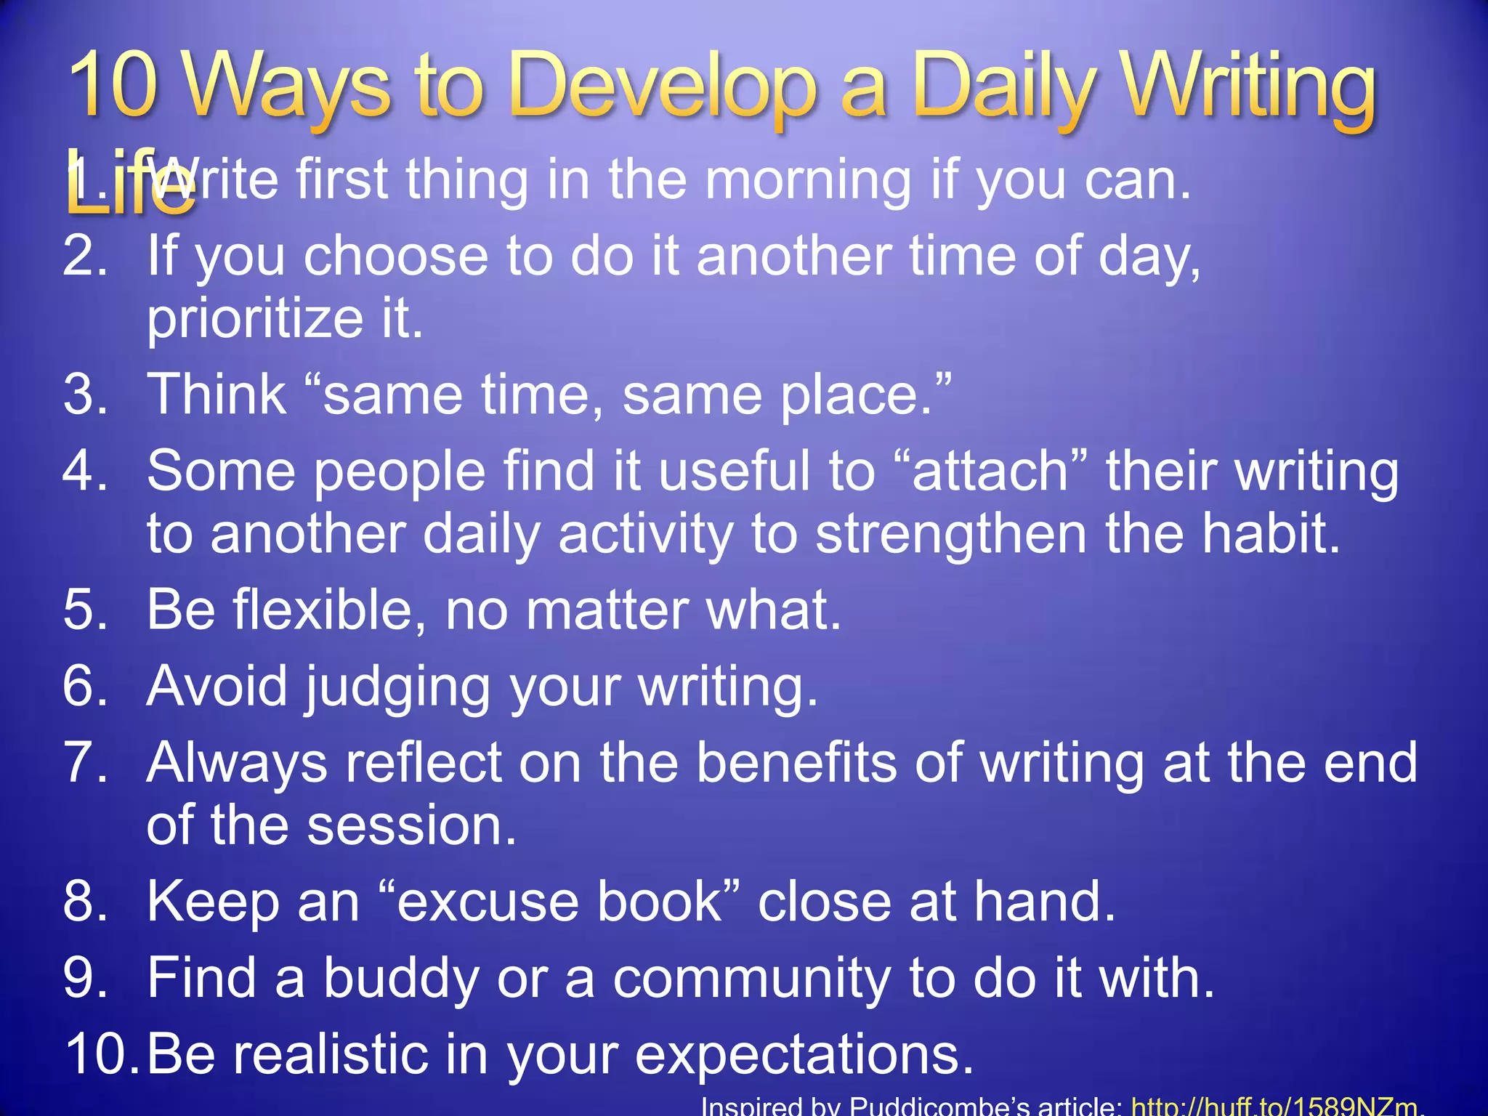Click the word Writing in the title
tap(1247, 89)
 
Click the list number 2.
tap(84, 256)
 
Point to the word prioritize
tap(254, 320)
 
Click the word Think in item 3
tap(217, 395)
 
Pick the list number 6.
tap(84, 686)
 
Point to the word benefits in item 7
tap(796, 762)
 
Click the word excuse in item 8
tap(486, 902)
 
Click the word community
tap(751, 979)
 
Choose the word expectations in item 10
tap(804, 1055)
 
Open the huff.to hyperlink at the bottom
tap(1274, 1106)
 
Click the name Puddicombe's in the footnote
tap(985, 1106)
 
